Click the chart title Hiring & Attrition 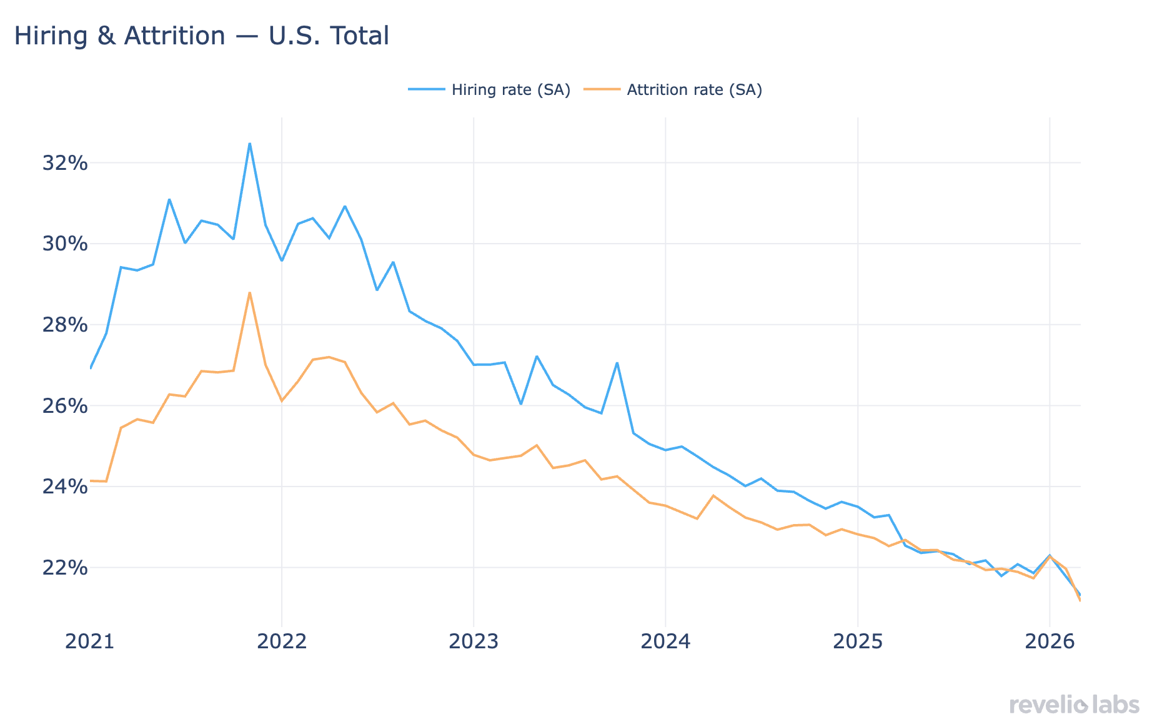click(x=201, y=36)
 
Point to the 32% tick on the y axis click(x=64, y=164)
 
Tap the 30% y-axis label click(x=64, y=244)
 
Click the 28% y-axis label click(x=64, y=325)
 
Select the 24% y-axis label click(x=64, y=487)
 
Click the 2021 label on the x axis click(x=90, y=641)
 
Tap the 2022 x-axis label click(x=282, y=641)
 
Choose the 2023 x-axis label click(x=474, y=641)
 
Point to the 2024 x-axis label click(x=665, y=641)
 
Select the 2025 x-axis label click(x=858, y=641)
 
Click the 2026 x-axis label click(x=1050, y=641)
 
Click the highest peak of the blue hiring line click(x=249, y=144)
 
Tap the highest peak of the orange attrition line click(x=249, y=292)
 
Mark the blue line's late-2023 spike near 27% click(x=617, y=363)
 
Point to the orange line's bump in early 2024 click(x=713, y=495)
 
